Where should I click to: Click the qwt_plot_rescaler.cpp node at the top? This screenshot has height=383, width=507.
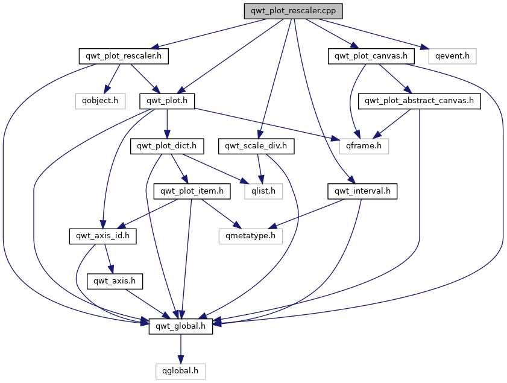(x=294, y=11)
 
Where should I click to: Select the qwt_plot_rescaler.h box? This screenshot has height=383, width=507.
(x=124, y=56)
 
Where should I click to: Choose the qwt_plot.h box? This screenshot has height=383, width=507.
(x=167, y=101)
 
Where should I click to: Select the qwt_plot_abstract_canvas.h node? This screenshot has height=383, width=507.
(x=419, y=101)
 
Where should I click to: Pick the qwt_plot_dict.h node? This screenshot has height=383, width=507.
(x=167, y=145)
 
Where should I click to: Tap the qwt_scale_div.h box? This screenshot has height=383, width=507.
(x=259, y=145)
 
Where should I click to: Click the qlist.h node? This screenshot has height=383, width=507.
(x=263, y=191)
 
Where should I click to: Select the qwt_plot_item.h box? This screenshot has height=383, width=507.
(x=192, y=191)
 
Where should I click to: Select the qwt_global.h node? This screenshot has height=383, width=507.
(x=180, y=326)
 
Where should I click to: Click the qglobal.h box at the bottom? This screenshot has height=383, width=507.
(x=180, y=370)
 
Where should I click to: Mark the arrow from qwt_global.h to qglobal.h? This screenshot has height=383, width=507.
(x=180, y=348)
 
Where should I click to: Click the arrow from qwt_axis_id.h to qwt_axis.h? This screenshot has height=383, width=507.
(x=109, y=258)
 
